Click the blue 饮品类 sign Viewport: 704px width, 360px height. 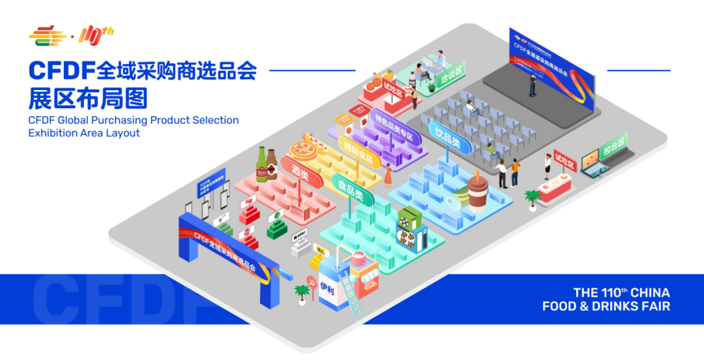coord(448,137)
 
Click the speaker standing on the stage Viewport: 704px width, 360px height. coord(533,83)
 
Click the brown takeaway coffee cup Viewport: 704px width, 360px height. coord(478,193)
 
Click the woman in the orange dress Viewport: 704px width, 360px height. coord(388,174)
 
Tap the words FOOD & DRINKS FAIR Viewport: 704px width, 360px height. coord(606,307)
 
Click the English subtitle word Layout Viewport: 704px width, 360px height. coord(123,133)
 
